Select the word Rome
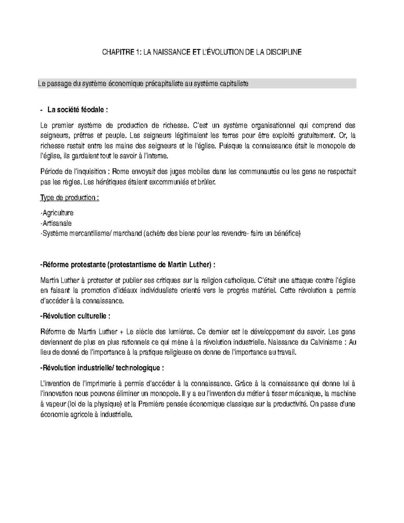(119, 172)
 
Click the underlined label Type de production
(69, 198)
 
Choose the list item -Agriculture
(57, 213)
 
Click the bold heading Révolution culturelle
(74, 316)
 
